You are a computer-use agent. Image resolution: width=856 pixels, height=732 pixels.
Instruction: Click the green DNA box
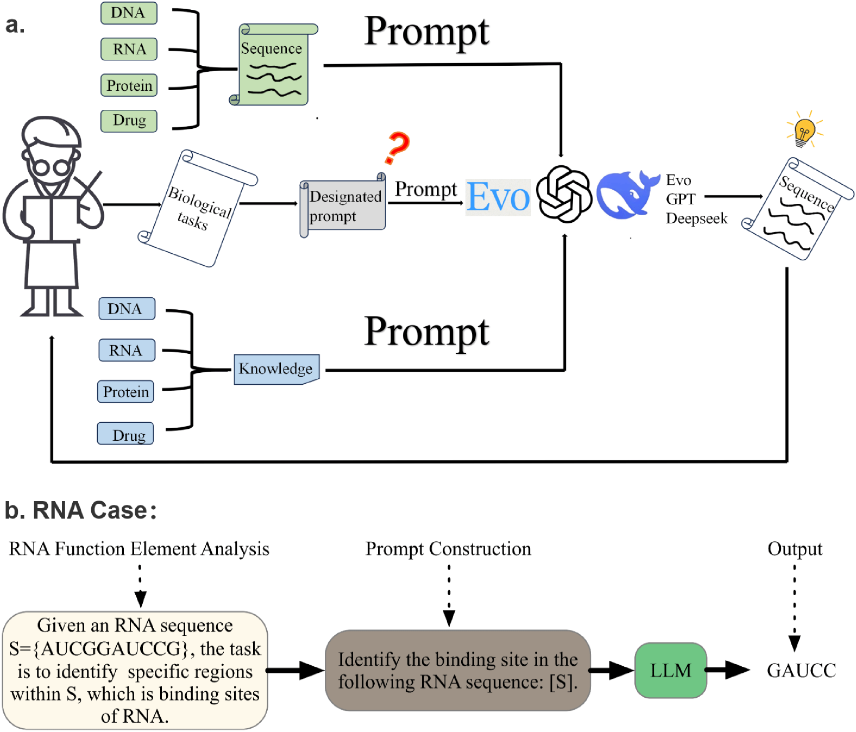129,13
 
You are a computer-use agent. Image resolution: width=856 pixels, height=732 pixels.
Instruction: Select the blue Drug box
125,434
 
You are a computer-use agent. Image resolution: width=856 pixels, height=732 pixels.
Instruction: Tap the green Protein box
129,85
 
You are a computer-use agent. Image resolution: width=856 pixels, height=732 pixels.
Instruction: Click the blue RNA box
127,351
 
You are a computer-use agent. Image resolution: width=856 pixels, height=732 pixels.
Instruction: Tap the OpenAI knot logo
564,194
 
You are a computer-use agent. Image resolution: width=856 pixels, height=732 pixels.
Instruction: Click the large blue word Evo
498,197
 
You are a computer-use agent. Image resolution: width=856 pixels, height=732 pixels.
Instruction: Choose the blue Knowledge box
276,369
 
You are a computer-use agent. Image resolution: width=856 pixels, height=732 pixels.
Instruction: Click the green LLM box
670,671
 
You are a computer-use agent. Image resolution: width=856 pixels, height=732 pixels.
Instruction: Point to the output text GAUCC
801,671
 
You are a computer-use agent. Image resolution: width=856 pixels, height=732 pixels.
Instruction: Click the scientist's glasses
51,167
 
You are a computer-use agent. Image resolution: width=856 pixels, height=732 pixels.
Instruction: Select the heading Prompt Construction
448,549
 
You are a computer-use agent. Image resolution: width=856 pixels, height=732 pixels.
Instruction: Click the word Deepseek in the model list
696,218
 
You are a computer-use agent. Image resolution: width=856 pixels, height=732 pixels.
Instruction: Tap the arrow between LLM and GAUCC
728,670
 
